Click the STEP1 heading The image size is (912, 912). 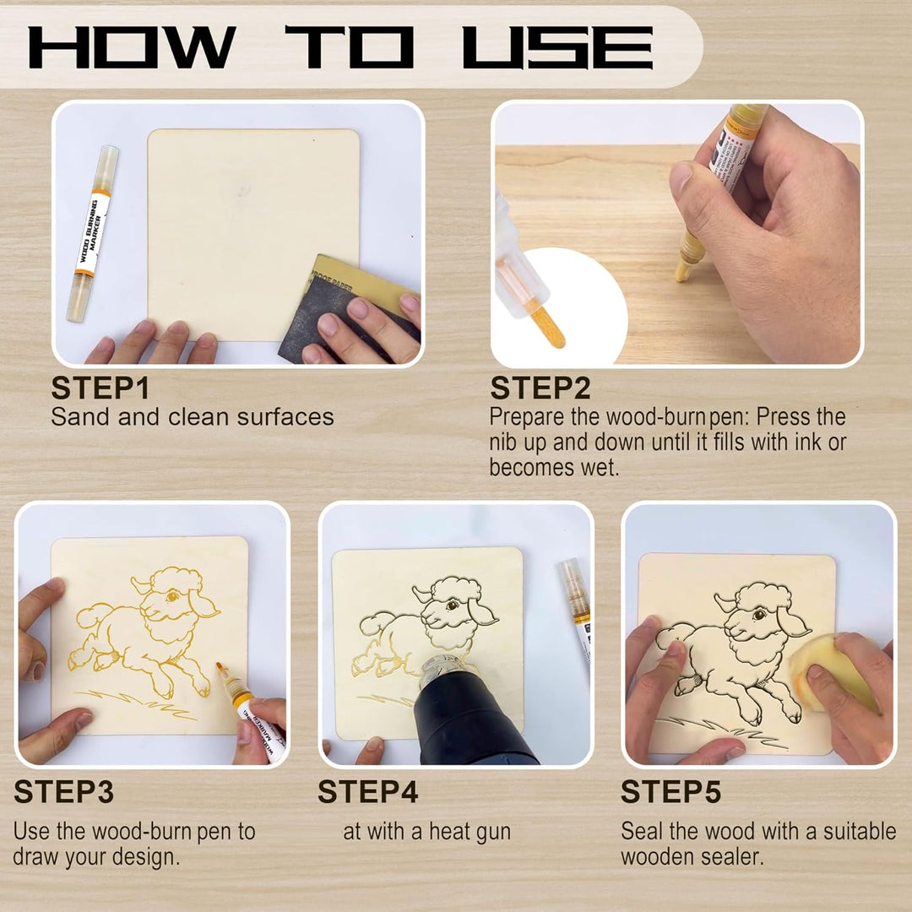click(x=100, y=388)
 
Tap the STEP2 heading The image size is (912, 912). click(x=540, y=388)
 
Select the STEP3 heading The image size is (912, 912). click(x=63, y=791)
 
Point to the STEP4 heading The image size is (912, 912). click(x=367, y=791)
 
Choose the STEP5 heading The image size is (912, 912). click(x=670, y=791)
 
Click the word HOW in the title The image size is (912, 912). click(x=132, y=47)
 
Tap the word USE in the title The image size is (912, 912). click(x=558, y=47)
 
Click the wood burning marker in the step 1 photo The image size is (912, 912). click(x=92, y=234)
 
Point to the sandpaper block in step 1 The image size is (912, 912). click(x=349, y=309)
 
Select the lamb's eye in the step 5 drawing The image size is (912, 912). click(x=758, y=614)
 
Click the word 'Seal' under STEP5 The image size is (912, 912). click(x=642, y=831)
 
